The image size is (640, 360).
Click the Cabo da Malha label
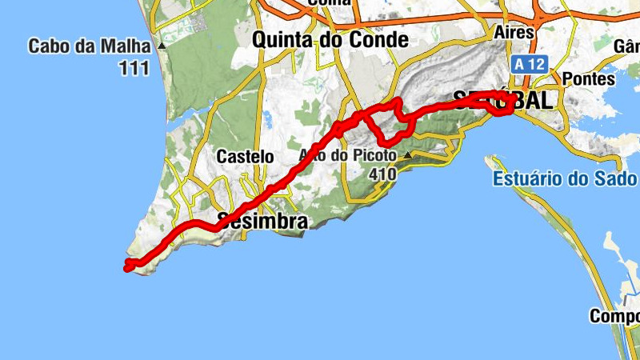[x=90, y=46]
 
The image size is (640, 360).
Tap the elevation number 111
[x=134, y=69]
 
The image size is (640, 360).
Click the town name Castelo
[x=245, y=158]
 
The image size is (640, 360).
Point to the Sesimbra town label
[x=262, y=222]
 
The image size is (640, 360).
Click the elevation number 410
[x=383, y=173]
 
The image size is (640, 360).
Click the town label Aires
[x=514, y=32]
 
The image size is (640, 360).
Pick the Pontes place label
[x=589, y=79]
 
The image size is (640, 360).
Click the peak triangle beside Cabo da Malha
[x=162, y=46]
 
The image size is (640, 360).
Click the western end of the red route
[x=126, y=267]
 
